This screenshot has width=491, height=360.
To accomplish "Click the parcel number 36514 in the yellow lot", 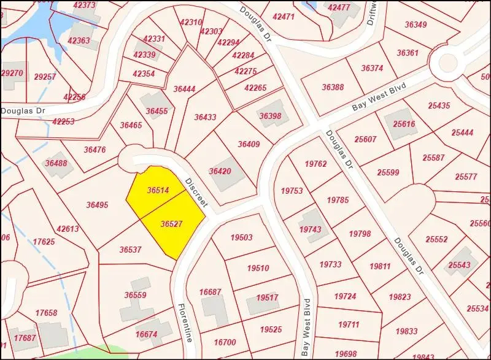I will (158, 191).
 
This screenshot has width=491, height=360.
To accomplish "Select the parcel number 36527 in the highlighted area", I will (171, 224).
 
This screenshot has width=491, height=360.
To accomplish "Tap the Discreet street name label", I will (197, 192).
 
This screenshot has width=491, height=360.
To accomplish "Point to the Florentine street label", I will (185, 323).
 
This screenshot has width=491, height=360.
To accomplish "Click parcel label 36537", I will (130, 250).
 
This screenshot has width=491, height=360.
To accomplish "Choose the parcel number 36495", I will (97, 205).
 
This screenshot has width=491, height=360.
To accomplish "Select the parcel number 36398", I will (270, 116).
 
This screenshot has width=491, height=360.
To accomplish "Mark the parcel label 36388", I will (333, 87).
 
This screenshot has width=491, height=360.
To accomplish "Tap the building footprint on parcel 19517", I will (258, 304).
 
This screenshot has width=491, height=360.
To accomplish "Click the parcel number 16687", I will (210, 292).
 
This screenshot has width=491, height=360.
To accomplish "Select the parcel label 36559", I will (135, 295).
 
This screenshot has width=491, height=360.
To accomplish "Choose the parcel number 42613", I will (68, 229).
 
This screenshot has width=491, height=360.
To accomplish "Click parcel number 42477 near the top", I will (339, 7).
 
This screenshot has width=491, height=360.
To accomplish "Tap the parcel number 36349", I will (416, 25).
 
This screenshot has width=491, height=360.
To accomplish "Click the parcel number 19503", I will (241, 237).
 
